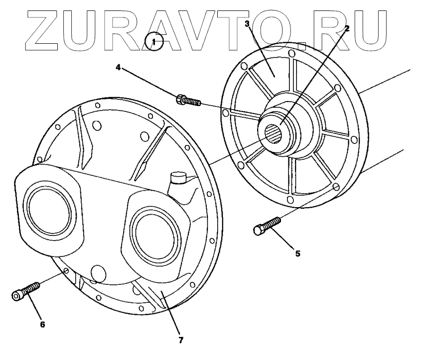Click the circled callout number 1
[x=154, y=42]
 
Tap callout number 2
[x=347, y=28]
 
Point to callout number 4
[x=118, y=67]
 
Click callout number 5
[x=297, y=253]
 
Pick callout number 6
[x=42, y=324]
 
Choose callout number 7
[x=181, y=340]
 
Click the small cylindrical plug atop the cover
[x=177, y=178]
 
